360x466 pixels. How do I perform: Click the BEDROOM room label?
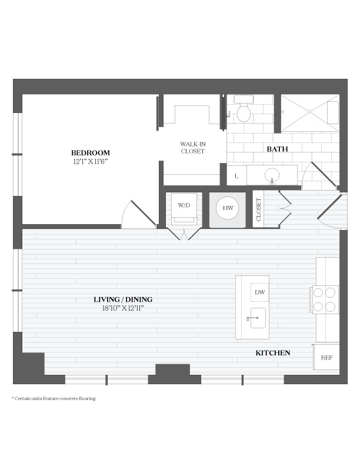(x=91, y=153)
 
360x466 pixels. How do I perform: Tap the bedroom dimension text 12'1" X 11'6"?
(x=91, y=162)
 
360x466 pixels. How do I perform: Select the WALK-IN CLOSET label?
(x=193, y=148)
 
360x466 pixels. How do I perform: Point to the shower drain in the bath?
(x=309, y=112)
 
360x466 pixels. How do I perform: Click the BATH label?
(x=277, y=149)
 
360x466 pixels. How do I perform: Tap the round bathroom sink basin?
(x=272, y=175)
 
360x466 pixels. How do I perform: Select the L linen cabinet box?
(x=236, y=175)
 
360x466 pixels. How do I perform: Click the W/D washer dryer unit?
(x=184, y=209)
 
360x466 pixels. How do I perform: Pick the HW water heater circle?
(x=228, y=208)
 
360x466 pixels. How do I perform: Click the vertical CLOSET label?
(x=258, y=209)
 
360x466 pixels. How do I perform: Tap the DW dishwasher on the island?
(x=259, y=292)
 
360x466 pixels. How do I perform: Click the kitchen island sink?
(x=258, y=318)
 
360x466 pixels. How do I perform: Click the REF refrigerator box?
(x=326, y=357)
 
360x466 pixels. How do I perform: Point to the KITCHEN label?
(x=273, y=353)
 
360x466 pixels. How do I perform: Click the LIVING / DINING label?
(x=123, y=299)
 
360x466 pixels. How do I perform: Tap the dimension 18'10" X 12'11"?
(x=123, y=308)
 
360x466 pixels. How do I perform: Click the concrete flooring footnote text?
(x=54, y=398)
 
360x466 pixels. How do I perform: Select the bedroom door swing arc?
(x=124, y=210)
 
